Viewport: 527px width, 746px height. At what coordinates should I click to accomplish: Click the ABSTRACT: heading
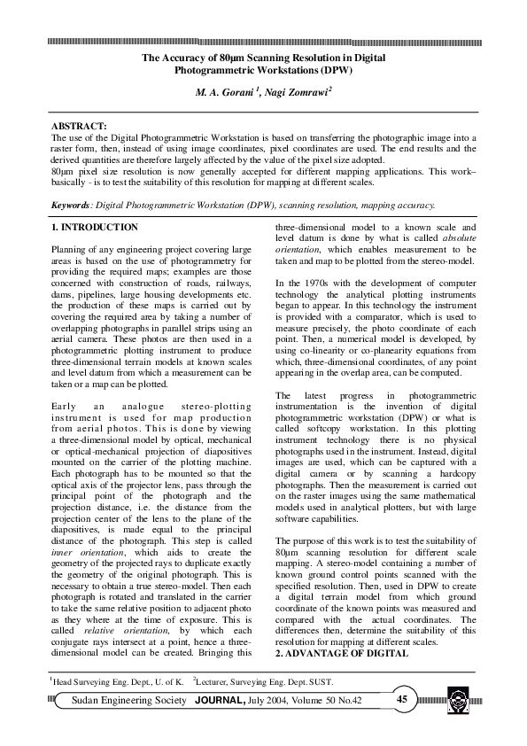click(x=79, y=128)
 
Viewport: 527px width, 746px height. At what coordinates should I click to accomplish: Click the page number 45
click(x=402, y=700)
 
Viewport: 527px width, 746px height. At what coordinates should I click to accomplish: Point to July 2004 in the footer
click(x=272, y=700)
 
